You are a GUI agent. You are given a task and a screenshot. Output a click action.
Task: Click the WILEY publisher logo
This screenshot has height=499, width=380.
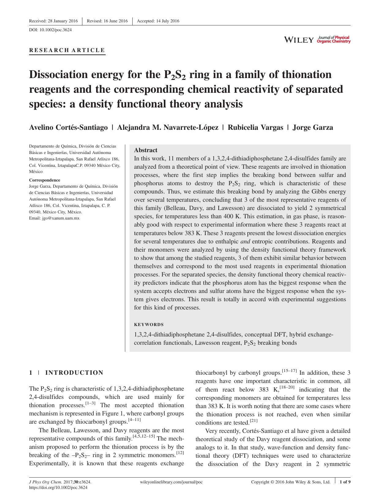pos(299,40)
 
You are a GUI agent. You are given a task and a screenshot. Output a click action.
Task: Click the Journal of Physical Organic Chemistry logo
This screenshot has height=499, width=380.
pos(334,39)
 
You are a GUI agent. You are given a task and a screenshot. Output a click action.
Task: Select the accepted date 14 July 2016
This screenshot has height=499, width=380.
pos(158,21)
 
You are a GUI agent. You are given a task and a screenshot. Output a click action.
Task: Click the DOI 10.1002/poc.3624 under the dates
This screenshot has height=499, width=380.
pos(50,30)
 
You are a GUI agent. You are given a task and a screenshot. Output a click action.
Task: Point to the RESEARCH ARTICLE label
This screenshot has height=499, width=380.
pos(67,50)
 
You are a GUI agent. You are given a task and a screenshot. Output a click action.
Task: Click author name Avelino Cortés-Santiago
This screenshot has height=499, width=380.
pos(68,127)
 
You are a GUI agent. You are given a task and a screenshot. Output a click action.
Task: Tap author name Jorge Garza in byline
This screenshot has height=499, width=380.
pos(313,127)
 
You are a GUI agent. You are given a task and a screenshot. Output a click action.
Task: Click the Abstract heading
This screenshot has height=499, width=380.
pos(146,150)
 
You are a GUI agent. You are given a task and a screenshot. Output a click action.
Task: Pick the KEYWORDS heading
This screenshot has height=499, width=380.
pos(149,325)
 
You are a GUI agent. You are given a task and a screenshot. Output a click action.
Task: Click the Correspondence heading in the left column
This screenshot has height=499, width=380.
pos(44,180)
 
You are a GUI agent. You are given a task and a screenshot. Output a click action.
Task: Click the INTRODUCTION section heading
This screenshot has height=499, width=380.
pos(74,373)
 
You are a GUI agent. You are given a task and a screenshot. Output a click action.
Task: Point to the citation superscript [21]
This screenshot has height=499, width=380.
pos(254,421)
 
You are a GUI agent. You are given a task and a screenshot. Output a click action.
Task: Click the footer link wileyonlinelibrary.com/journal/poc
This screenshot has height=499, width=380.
pos(171,482)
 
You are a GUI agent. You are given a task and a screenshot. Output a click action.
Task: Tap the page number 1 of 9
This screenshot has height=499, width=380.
pos(345,482)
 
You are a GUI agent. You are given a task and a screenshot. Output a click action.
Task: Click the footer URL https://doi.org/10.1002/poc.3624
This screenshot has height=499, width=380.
pos(58,488)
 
